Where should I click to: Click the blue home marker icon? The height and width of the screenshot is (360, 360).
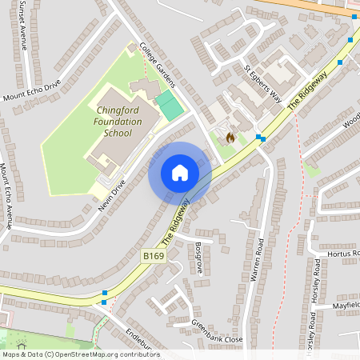click(179, 173)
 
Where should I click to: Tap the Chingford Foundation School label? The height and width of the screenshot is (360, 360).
click(118, 122)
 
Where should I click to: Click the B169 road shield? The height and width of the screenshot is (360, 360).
click(154, 255)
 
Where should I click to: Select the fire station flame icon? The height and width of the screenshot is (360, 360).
click(230, 137)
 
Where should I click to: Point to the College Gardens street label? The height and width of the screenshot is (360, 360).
click(158, 65)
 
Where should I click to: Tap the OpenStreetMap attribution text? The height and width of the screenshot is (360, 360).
click(81, 354)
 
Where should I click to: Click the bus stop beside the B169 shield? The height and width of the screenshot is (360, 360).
click(105, 294)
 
